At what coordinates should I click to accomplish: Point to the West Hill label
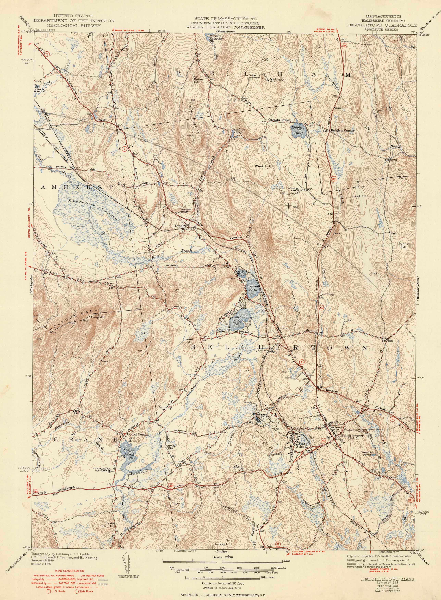(263, 166)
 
